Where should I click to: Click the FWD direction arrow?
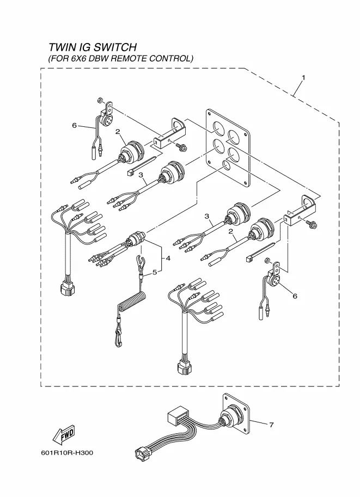(x=63, y=434)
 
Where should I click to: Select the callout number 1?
(x=303, y=77)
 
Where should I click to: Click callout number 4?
(x=168, y=259)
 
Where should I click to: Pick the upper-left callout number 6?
(x=74, y=125)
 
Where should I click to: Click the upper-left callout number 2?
(x=117, y=131)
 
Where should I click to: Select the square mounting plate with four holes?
(x=228, y=147)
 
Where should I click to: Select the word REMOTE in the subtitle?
(x=134, y=58)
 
